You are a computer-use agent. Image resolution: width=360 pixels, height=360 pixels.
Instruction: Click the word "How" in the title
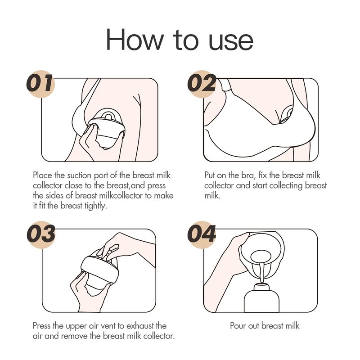[x=135, y=39]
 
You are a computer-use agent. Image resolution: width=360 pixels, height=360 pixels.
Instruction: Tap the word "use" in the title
[x=231, y=41]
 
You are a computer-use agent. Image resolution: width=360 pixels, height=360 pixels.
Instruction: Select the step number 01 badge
[x=41, y=84]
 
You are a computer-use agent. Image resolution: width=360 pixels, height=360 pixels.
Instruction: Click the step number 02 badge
[x=202, y=84]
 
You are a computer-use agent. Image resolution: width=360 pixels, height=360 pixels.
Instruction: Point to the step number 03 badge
[x=41, y=234]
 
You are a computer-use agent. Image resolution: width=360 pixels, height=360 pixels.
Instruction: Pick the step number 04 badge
[x=202, y=234]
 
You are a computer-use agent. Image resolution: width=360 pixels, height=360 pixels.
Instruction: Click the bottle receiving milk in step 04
[x=261, y=297]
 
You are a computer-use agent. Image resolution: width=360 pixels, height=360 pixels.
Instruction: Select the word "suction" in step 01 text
[x=79, y=175]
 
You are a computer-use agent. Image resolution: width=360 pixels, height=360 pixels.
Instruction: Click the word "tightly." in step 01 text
[x=96, y=206]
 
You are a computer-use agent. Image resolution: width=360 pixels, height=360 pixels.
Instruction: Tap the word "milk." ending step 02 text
[x=212, y=196]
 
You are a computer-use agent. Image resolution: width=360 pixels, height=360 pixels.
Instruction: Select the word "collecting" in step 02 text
[x=286, y=186]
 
